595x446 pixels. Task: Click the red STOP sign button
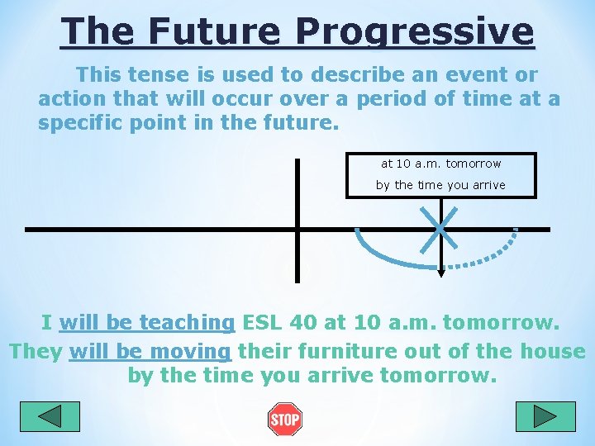[x=284, y=419]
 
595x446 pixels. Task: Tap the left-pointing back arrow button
[x=50, y=416]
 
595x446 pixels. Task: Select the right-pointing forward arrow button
[x=545, y=416]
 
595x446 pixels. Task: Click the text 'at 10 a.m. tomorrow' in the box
[x=440, y=164]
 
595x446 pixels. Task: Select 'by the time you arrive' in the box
[x=440, y=185]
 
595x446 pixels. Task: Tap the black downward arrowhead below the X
[x=440, y=273]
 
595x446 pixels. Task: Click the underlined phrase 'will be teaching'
[x=147, y=322]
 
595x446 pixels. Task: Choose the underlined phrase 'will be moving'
[x=150, y=351]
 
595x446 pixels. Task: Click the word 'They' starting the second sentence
[x=36, y=351]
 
